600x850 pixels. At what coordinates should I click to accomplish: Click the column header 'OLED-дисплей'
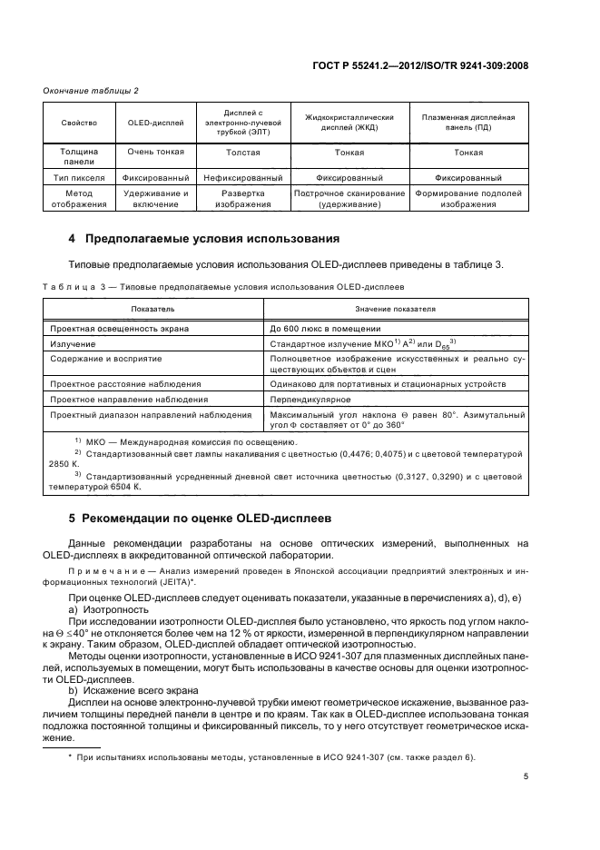148,122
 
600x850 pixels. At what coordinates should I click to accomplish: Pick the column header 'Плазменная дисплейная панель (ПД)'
468,122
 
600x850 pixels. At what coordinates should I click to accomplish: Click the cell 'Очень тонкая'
148,152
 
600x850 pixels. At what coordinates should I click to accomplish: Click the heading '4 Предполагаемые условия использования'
204,239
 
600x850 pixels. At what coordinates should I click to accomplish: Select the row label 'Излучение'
74,344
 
